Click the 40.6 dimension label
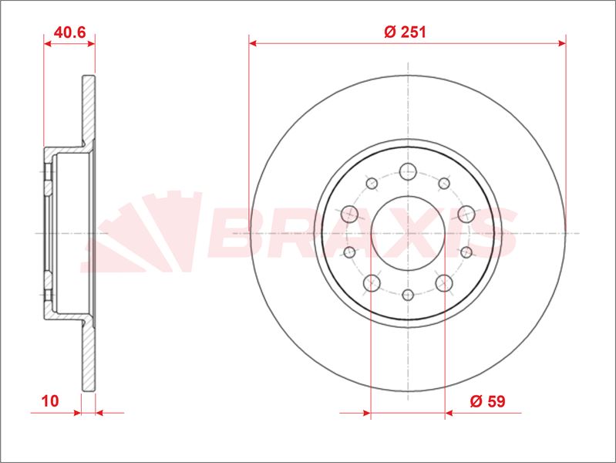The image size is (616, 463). [69, 32]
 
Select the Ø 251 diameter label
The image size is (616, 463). [405, 32]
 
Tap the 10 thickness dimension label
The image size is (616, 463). [50, 401]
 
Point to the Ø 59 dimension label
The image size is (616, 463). [487, 401]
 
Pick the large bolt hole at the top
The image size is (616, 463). [408, 171]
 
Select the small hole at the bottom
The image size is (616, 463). [408, 295]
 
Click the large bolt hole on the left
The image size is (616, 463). [350, 214]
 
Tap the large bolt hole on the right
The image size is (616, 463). [466, 214]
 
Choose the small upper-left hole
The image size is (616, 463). [372, 183]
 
